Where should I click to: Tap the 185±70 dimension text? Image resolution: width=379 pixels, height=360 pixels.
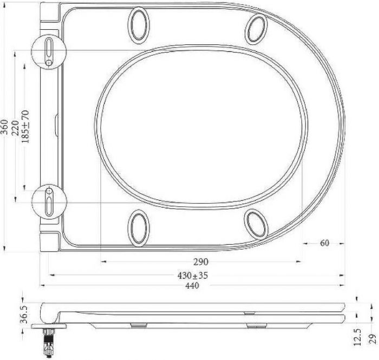(25, 127)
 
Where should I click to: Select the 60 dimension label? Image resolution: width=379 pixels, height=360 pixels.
(324, 243)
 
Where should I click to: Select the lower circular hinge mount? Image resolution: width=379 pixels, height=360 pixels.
(49, 199)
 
